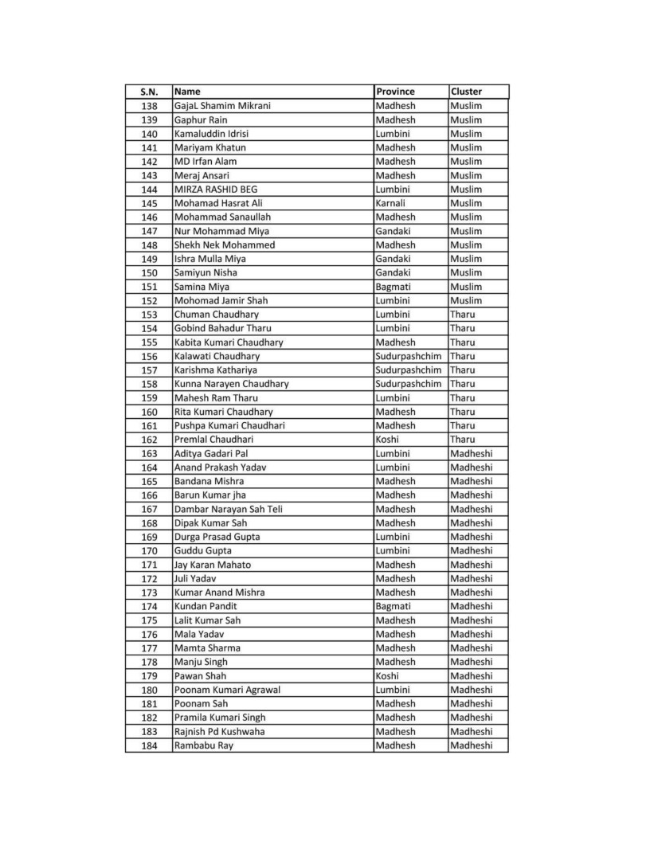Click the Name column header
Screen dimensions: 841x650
point(187,92)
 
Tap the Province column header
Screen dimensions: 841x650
point(395,92)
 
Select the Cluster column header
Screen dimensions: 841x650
point(466,92)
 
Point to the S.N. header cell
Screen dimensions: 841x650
point(149,92)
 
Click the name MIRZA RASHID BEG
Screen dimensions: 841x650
point(216,190)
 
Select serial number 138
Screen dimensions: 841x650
point(149,106)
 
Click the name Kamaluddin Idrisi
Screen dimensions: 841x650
point(211,134)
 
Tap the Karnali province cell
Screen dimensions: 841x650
point(391,203)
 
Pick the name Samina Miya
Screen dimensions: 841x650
point(202,287)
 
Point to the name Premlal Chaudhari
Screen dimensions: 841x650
point(213,440)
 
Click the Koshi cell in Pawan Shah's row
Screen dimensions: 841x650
point(388,676)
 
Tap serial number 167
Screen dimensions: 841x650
point(149,509)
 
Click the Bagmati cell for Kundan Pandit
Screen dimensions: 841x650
point(393,606)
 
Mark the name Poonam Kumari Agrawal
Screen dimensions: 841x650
point(227,690)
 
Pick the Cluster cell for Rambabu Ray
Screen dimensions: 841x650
point(471,745)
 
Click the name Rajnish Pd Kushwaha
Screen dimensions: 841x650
point(220,731)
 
